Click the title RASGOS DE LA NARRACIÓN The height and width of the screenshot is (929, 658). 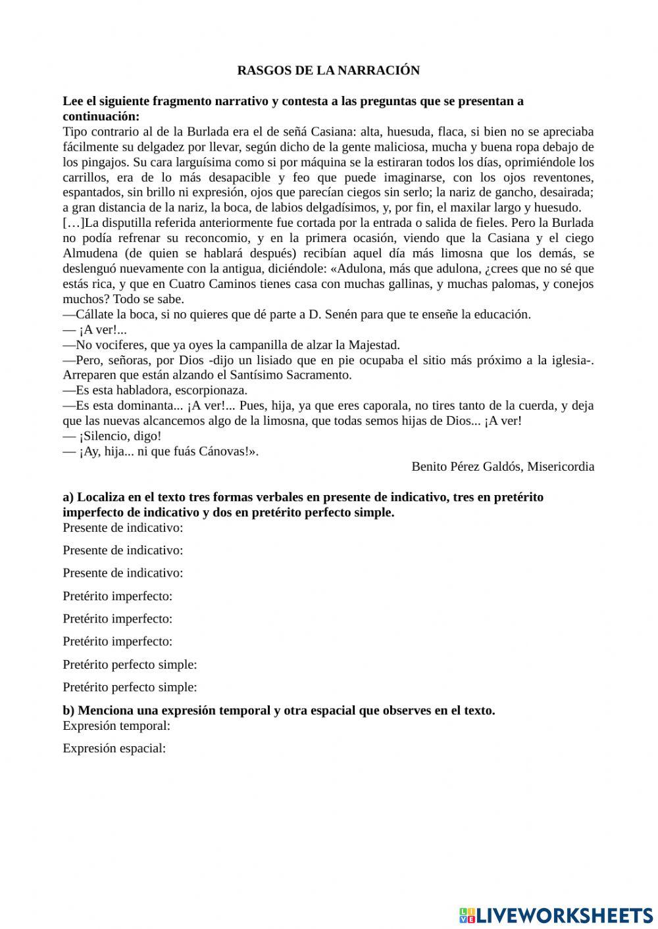tap(328, 70)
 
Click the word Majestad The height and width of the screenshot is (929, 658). tap(374, 345)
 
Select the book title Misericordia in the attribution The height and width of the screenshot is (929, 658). tap(561, 466)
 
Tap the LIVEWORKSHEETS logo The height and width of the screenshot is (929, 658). tap(556, 915)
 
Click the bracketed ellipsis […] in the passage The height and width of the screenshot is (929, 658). tap(74, 224)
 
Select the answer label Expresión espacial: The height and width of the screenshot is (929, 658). tap(114, 748)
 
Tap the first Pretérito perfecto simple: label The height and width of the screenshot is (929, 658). tap(130, 664)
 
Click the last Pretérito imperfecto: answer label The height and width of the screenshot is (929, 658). tap(117, 641)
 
